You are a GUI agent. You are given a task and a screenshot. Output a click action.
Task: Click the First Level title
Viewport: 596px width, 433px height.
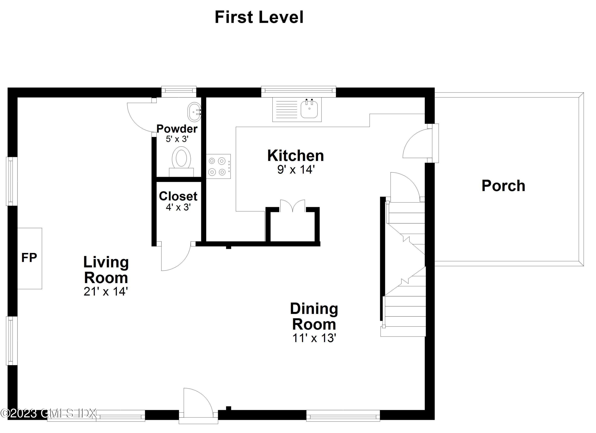259,17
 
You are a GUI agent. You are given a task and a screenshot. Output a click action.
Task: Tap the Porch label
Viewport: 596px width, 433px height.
503,186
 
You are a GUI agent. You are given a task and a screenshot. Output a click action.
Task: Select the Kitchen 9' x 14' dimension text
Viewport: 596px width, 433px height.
296,170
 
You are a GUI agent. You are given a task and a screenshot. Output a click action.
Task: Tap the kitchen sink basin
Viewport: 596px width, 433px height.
309,109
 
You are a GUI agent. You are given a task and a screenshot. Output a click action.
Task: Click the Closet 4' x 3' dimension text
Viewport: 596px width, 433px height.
178,207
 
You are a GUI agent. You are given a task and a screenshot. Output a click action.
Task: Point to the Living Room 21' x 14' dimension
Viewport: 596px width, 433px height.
106,291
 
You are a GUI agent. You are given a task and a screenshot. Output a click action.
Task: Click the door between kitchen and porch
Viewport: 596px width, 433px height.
417,143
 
